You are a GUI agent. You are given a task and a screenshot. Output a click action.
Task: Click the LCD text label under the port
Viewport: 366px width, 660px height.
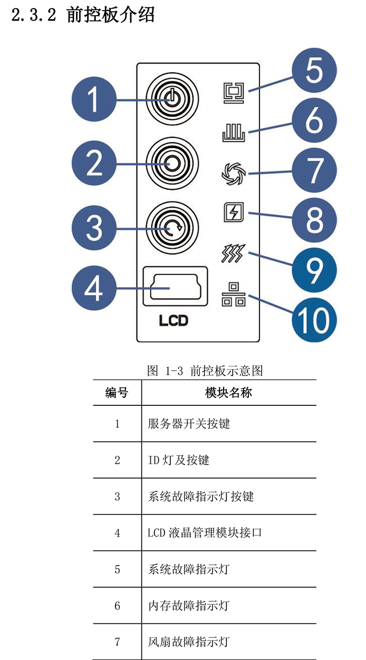pos(173,321)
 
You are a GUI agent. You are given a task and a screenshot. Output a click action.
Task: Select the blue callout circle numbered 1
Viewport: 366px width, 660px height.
pos(94,100)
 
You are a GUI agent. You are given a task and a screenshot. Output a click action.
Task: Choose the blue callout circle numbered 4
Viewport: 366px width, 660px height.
pos(94,287)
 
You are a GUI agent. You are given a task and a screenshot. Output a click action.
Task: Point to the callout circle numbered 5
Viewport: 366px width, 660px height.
pos(314,70)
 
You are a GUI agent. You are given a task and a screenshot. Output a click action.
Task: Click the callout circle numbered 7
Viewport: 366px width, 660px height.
pos(314,170)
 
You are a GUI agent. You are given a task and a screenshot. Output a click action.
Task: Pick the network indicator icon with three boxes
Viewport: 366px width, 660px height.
pos(233,295)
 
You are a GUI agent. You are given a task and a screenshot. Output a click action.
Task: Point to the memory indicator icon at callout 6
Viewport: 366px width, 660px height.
pos(233,133)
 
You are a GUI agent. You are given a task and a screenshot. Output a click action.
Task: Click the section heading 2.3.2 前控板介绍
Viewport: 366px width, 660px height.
pos(83,15)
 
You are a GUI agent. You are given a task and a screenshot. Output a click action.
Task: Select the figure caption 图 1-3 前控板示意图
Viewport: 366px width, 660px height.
pos(205,371)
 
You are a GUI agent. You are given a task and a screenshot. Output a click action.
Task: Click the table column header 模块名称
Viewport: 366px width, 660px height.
pos(228,393)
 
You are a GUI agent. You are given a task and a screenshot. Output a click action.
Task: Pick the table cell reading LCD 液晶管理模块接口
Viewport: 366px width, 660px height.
pos(205,532)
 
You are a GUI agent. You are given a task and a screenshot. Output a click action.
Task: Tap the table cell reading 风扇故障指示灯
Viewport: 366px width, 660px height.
pos(188,641)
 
